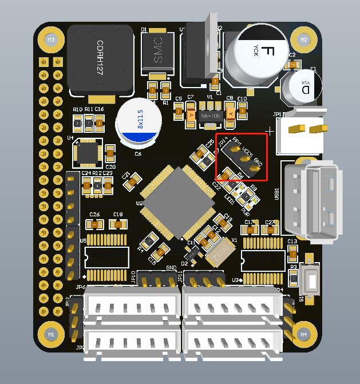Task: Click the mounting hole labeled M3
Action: tap(50, 40)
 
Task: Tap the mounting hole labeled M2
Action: tap(304, 40)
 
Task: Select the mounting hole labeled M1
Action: tap(50, 334)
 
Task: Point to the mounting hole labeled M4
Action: tap(304, 334)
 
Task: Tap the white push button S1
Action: tap(312, 281)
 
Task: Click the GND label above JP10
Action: tap(171, 268)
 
